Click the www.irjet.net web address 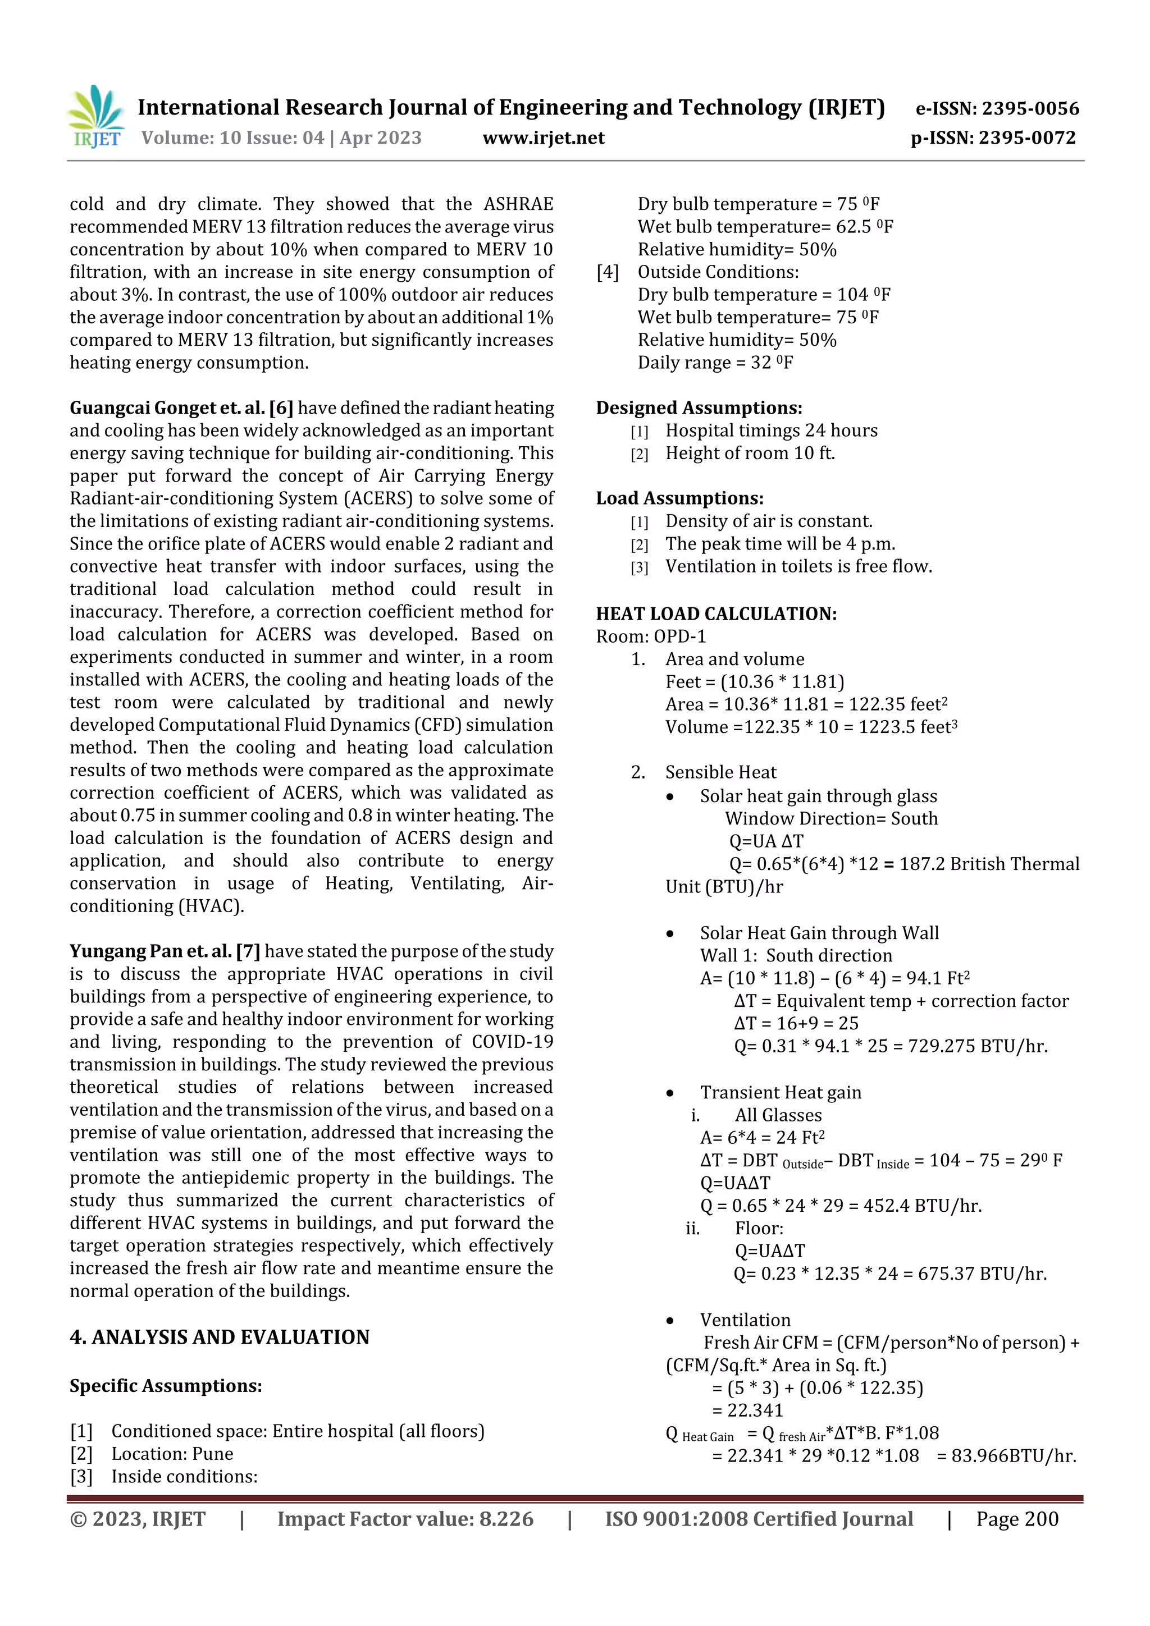click(x=544, y=138)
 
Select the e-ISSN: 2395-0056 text click(x=997, y=108)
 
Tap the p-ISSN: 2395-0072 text click(x=993, y=138)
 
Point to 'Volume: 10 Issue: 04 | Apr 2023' click(x=281, y=138)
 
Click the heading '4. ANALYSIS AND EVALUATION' click(x=220, y=1337)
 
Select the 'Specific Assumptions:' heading click(x=166, y=1386)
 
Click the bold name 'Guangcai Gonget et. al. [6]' click(x=181, y=408)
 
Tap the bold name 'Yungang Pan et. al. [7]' click(x=165, y=951)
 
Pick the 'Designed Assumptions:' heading click(x=699, y=408)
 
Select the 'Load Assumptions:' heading click(x=679, y=498)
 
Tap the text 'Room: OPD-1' click(x=650, y=636)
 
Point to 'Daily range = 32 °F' click(x=715, y=363)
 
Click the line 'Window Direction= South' click(x=830, y=819)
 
